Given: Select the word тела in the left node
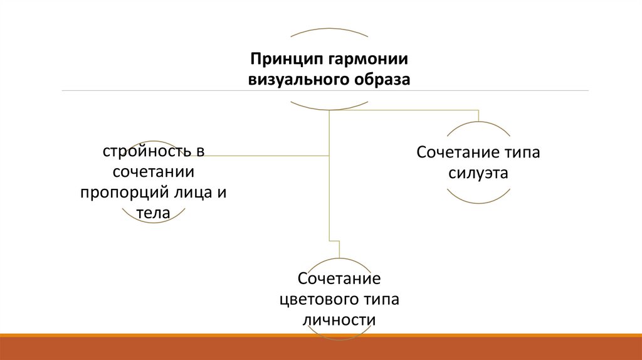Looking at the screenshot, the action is coord(154,213).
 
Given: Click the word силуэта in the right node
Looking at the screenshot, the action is coord(478,173).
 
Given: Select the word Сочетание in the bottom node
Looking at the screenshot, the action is coord(339,277).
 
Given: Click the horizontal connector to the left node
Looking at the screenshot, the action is coord(263,154).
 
